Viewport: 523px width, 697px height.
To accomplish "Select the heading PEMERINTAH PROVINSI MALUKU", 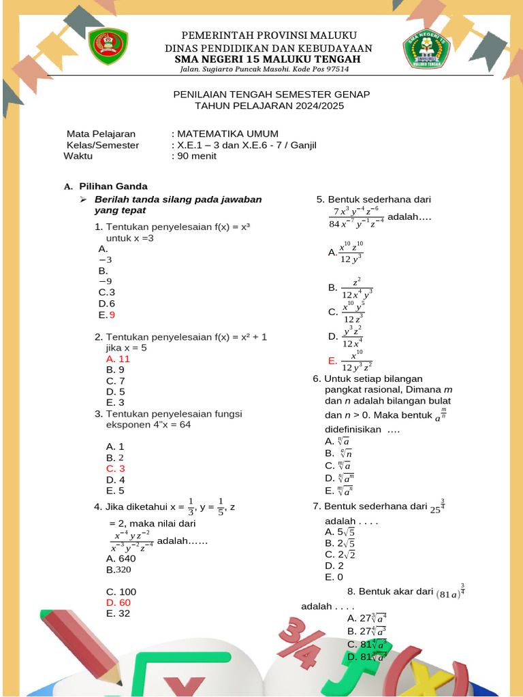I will pos(268,35).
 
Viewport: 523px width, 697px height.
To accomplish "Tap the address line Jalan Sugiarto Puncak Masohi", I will pos(264,69).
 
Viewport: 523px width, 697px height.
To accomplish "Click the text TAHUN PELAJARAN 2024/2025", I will pos(270,106).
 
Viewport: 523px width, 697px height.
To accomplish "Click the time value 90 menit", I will pos(196,156).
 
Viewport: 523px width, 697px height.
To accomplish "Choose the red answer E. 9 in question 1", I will pos(107,314).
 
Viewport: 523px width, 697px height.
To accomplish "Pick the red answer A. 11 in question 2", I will pos(118,359).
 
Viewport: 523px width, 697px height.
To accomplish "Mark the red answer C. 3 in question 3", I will pos(116,468).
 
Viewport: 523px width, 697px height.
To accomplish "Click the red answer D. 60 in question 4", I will pos(118,602).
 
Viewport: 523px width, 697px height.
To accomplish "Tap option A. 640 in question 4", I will pos(121,559).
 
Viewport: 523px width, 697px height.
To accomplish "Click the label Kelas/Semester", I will pos(102,145).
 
